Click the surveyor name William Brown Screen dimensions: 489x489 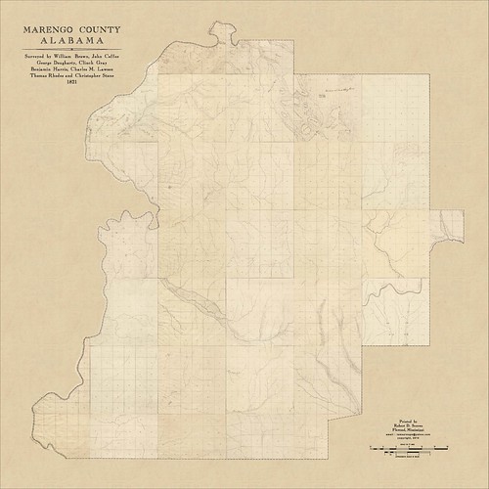pyautogui.click(x=71, y=57)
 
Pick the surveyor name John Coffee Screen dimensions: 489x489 pyautogui.click(x=104, y=57)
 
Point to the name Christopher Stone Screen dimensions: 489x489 pyautogui.click(x=95, y=78)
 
